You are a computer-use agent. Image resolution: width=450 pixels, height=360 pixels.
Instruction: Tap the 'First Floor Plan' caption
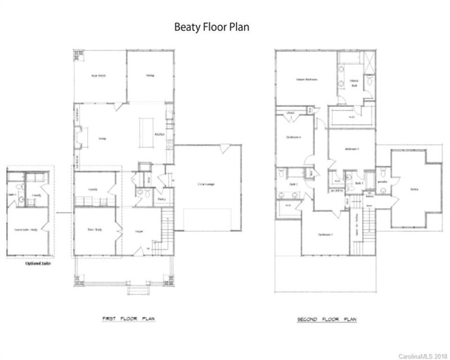tap(129, 318)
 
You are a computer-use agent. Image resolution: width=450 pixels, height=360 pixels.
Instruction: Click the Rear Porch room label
tap(99, 75)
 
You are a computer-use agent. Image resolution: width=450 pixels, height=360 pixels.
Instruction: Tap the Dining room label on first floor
tap(150, 75)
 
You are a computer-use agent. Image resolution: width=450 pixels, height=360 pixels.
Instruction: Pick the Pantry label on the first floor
tap(161, 199)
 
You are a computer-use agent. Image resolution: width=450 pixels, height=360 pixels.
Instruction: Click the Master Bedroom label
tap(307, 79)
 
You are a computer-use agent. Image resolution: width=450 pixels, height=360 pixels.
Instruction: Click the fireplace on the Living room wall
tap(78, 136)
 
